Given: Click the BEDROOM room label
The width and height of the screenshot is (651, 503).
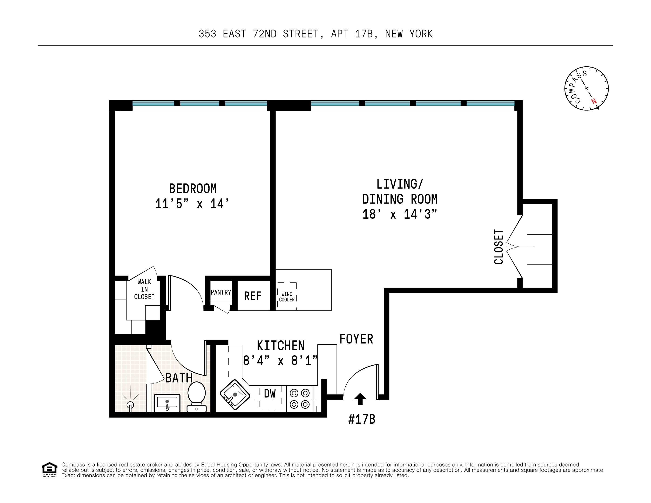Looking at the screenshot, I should (x=193, y=189).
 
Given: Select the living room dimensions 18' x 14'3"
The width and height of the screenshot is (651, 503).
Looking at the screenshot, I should (x=400, y=214).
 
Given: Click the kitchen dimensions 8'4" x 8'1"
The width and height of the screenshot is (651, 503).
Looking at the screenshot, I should (x=280, y=361).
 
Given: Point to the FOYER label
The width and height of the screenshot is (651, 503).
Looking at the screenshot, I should (x=356, y=339).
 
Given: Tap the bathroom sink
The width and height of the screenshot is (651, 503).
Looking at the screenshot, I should (x=167, y=403).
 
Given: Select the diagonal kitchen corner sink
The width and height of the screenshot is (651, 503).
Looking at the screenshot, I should (x=234, y=394).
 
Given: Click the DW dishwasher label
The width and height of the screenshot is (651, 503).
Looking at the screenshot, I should (x=270, y=394).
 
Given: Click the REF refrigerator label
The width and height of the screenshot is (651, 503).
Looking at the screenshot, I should (x=252, y=296).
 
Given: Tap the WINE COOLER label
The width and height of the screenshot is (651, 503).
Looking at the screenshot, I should (x=287, y=297).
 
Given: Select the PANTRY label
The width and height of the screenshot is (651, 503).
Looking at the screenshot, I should (x=221, y=292).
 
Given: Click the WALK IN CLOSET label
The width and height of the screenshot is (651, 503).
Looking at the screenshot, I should (x=144, y=289).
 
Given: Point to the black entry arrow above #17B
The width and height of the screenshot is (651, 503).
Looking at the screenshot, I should (x=360, y=399).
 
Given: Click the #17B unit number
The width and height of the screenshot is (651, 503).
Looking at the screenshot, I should (x=362, y=419).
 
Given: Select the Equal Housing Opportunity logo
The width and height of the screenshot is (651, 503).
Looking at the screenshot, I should (x=49, y=469).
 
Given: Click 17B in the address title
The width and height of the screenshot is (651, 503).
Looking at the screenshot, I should (x=364, y=34).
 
